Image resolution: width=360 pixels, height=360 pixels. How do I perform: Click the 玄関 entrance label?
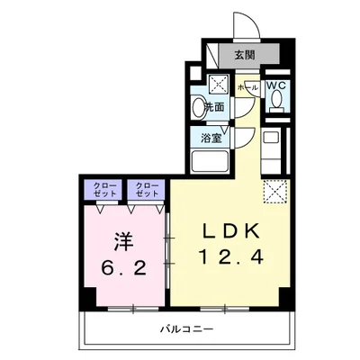tap(245, 54)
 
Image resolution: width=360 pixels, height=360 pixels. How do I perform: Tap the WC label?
tap(276, 86)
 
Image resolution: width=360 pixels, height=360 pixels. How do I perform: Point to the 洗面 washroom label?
tap(213, 107)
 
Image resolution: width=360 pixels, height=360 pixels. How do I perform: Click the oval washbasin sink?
tap(199, 108)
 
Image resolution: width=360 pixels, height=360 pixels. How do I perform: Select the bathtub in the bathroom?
tap(211, 162)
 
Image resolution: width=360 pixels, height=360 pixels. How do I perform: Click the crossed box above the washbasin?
tap(219, 86)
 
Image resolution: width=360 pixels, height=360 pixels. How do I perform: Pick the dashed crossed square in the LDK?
tap(273, 190)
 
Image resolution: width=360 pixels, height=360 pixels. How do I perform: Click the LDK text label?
tap(229, 229)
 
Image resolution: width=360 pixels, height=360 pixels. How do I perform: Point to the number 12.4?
tap(229, 258)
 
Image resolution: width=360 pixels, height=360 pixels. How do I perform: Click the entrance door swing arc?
tap(243, 24)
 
